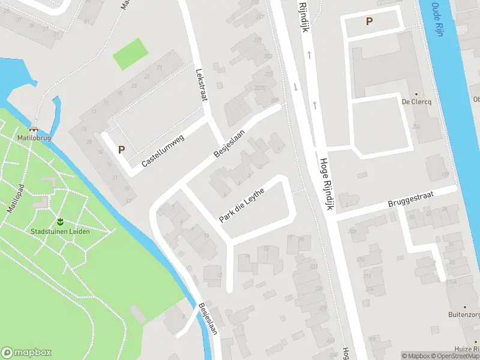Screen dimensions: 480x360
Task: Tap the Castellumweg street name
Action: [x=163, y=150]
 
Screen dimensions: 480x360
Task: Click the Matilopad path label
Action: [x=14, y=199]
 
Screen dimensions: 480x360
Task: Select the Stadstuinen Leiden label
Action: [x=60, y=232]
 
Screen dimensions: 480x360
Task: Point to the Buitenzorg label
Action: [x=463, y=314]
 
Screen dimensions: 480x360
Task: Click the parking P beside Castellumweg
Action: [x=121, y=149]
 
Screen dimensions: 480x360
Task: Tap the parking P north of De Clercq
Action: [x=369, y=22]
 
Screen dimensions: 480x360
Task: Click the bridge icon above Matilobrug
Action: [x=34, y=128]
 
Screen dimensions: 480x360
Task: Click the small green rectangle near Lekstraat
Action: [x=130, y=54]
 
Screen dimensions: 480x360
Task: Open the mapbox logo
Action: [x=26, y=353]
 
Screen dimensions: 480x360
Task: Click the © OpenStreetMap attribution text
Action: [x=454, y=356]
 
